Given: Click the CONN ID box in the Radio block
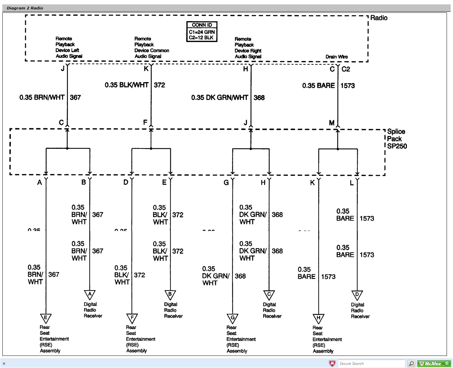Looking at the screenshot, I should click(x=202, y=32).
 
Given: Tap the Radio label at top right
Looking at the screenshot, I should click(x=379, y=18).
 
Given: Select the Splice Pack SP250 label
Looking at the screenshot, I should click(x=397, y=139).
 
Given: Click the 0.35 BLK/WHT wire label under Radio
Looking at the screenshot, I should click(x=126, y=85).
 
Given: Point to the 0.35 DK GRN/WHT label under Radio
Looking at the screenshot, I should click(x=219, y=98).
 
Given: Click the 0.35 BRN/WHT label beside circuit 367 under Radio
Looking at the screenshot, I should click(x=42, y=97).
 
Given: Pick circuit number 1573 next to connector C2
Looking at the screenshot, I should click(x=347, y=86).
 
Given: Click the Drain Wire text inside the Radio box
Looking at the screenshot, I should click(x=336, y=57).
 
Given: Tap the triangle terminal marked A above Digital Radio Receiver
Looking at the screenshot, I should click(x=90, y=295).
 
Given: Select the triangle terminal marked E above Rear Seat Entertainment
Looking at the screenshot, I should click(x=46, y=318).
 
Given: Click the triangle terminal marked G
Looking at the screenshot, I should click(x=232, y=318).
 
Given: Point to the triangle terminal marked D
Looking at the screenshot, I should click(x=357, y=295).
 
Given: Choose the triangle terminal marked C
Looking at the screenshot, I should click(x=269, y=295).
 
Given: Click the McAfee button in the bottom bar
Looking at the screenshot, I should click(x=434, y=364).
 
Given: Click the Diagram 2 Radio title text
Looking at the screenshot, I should click(x=25, y=8).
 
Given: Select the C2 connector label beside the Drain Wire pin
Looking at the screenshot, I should click(x=346, y=69).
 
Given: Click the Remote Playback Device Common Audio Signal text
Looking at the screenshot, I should click(x=151, y=47).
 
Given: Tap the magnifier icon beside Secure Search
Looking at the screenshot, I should click(x=411, y=364).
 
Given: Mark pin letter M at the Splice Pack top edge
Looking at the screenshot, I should click(x=332, y=123).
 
